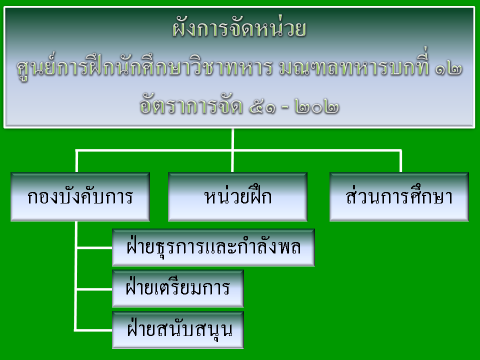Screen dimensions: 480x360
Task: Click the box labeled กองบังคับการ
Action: click(80, 196)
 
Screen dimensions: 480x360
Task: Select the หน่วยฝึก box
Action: click(237, 196)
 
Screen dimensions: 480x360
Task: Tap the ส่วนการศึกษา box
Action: click(399, 196)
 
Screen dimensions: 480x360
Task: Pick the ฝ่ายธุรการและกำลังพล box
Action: click(213, 247)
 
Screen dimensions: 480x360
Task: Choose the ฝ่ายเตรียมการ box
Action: click(178, 288)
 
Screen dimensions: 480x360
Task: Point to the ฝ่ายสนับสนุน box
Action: click(178, 330)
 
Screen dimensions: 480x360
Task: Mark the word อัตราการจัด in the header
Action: click(191, 104)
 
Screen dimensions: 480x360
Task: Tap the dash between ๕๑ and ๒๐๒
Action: click(284, 107)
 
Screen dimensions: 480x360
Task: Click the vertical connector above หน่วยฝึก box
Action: click(232, 150)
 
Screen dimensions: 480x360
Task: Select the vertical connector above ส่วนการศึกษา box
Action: click(400, 161)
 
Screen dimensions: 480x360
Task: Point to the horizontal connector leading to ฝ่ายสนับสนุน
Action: click(93, 330)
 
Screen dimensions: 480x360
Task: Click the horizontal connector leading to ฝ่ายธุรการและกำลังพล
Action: click(94, 247)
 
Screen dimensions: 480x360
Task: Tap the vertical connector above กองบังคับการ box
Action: click(76, 161)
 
